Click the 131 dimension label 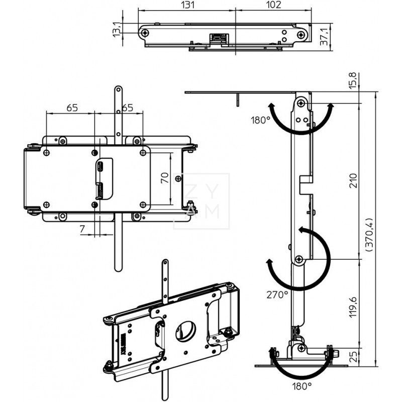coord(186,5)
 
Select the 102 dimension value coord(273,5)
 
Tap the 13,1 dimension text coord(117,29)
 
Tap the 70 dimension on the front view coord(164,178)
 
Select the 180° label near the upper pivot coord(261,121)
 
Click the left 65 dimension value coord(71,108)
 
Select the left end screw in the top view coord(145,34)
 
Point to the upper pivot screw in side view coord(300,103)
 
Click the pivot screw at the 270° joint coord(299,259)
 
